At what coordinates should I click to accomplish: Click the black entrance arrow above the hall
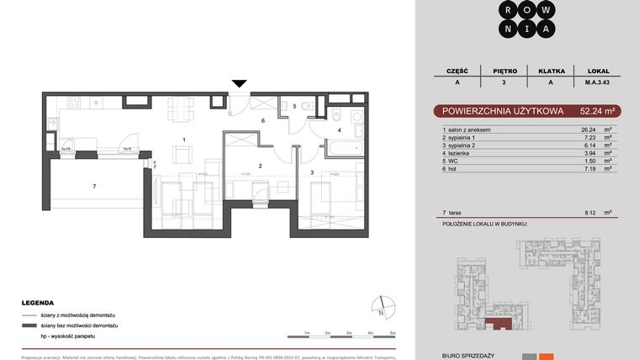tap(240, 82)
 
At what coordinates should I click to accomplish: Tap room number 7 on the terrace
tap(95, 185)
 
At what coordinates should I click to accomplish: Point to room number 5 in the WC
tap(294, 107)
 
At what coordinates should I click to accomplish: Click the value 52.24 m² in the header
tap(599, 110)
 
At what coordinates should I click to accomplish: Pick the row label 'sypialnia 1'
tap(469, 137)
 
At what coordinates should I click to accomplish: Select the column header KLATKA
tap(551, 71)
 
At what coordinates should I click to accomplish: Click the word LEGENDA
tap(39, 302)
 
